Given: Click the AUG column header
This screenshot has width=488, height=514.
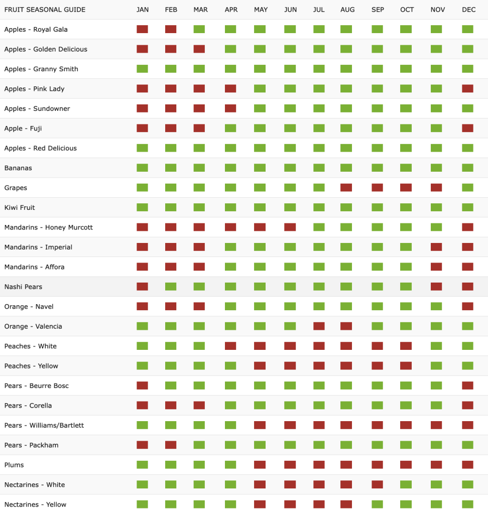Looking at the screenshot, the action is (x=347, y=10).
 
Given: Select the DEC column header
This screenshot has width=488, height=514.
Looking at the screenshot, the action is (x=468, y=10).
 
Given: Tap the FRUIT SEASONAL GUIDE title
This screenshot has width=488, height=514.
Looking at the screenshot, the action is (x=45, y=10).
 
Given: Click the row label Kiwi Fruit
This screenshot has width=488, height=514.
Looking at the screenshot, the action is (x=20, y=207).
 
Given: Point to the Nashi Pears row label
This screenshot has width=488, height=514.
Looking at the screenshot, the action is (x=23, y=287).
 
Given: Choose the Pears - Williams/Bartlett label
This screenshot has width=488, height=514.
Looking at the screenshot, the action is (x=44, y=425).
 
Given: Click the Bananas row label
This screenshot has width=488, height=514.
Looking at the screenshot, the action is (x=18, y=168).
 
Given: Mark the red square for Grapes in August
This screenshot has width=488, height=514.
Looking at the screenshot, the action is (x=346, y=188).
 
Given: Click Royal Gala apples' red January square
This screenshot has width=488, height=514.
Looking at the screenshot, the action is (x=143, y=29).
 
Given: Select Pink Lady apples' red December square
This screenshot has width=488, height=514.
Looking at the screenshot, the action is (x=468, y=88).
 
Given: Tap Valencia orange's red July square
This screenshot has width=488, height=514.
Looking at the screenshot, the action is (x=319, y=326).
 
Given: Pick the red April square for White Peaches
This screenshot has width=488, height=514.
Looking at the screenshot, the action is (x=230, y=346).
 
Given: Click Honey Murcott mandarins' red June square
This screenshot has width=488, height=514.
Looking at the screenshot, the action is (x=290, y=227).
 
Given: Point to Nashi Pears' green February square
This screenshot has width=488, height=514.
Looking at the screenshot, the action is (x=171, y=287).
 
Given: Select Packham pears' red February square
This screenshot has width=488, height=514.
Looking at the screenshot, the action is (x=171, y=445).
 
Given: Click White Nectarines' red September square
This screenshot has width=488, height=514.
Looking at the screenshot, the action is (x=377, y=484).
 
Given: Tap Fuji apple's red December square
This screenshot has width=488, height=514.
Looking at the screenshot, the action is (x=468, y=128).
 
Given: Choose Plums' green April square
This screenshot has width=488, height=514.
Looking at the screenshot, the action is (x=230, y=465).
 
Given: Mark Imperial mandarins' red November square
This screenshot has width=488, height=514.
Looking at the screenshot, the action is (x=436, y=247).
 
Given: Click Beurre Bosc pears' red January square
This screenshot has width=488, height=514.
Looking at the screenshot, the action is (x=143, y=385).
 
